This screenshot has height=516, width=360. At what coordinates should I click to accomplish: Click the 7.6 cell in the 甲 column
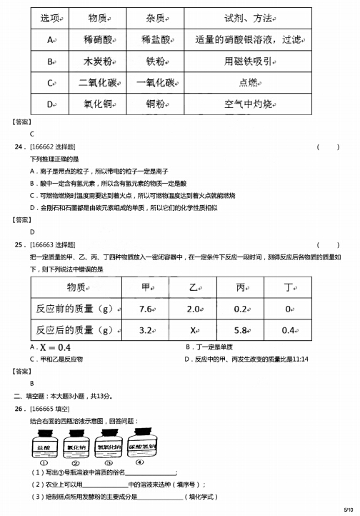[x=147, y=309]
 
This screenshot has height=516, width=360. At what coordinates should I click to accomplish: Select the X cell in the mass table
[x=193, y=331]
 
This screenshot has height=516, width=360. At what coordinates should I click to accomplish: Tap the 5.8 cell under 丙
[x=240, y=331]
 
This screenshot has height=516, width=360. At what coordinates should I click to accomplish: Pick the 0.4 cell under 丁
[x=288, y=331]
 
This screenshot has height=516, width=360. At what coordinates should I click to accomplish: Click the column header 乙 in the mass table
[x=193, y=287]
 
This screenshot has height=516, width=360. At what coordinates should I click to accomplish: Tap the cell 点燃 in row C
[x=248, y=83]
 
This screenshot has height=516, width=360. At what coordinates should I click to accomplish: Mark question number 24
[x=19, y=147]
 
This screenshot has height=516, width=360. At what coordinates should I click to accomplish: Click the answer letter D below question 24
[x=32, y=232]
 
